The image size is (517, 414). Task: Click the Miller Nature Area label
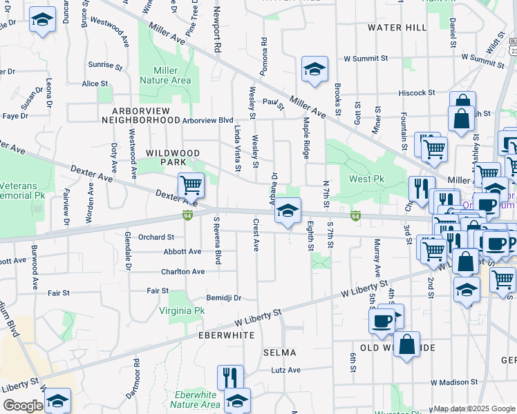165,75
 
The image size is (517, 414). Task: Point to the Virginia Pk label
182,310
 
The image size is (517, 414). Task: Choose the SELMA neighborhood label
280,352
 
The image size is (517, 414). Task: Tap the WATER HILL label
397,28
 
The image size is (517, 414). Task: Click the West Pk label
366,179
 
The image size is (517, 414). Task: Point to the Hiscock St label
421,92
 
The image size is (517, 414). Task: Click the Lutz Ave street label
286,370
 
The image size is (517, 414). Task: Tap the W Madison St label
454,382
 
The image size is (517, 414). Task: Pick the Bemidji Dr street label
223,298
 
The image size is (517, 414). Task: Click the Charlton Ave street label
183,272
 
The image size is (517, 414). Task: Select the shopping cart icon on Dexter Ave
191,185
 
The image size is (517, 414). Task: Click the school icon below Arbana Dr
288,210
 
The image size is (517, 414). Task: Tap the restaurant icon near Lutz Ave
230,377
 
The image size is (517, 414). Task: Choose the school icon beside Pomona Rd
314,69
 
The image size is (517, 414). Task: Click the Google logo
22,406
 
